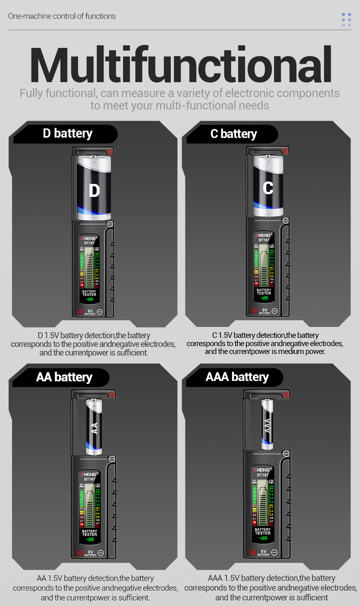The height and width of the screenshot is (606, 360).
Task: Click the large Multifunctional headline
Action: coord(180,64)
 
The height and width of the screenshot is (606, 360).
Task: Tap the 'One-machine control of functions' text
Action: coord(62,16)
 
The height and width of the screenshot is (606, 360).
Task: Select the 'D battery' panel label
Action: coord(67,133)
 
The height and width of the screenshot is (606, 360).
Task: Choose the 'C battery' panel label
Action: coord(234,134)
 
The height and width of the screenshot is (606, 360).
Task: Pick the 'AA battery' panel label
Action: coord(64,377)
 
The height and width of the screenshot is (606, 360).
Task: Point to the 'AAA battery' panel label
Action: coord(237,377)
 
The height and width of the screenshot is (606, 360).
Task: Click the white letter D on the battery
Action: coord(94,191)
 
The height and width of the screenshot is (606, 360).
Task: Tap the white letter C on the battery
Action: coord(268,188)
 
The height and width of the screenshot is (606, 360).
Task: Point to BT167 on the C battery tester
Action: coord(264,240)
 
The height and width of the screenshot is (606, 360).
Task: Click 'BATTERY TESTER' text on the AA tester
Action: coord(90,533)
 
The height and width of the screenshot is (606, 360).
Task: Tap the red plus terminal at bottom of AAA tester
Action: coord(252,552)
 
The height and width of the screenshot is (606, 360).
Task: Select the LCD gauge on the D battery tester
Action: coord(89,271)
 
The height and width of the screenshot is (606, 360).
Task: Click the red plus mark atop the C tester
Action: coord(286,151)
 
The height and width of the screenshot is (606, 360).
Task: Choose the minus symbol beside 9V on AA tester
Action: coord(100,553)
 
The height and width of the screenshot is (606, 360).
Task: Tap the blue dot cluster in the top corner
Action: coord(346,20)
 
